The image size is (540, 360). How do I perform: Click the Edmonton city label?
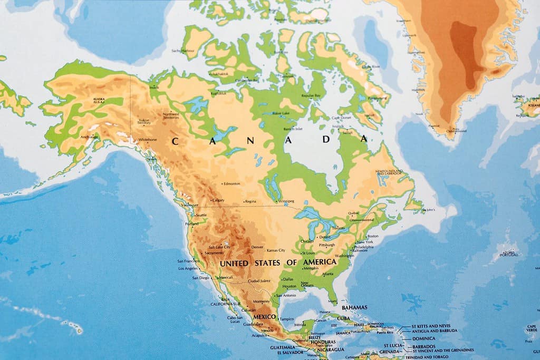(232, 183)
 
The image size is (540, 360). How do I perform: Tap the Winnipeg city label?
(286, 201)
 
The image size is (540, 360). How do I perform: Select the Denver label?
(257, 247)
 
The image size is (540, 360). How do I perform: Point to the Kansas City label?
(276, 250)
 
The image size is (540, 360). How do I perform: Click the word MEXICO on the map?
(264, 317)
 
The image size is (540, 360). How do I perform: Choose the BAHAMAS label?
(354, 307)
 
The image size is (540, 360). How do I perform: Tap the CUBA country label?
(343, 318)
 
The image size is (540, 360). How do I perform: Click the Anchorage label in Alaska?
(89, 137)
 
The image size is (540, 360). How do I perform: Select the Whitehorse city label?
(147, 139)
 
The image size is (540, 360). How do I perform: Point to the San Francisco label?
(188, 261)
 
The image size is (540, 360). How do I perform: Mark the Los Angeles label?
(188, 268)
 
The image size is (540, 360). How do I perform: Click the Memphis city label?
(311, 268)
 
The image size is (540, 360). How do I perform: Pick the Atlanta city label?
(327, 274)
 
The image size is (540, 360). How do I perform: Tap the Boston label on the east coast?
(373, 236)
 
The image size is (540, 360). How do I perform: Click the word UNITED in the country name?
(235, 262)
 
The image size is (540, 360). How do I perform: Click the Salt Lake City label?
(219, 247)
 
